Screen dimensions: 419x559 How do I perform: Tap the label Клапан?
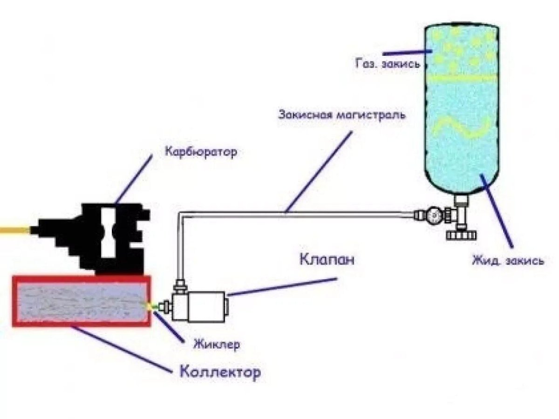[x=326, y=259]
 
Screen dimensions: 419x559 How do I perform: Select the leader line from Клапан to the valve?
[x=281, y=287]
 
